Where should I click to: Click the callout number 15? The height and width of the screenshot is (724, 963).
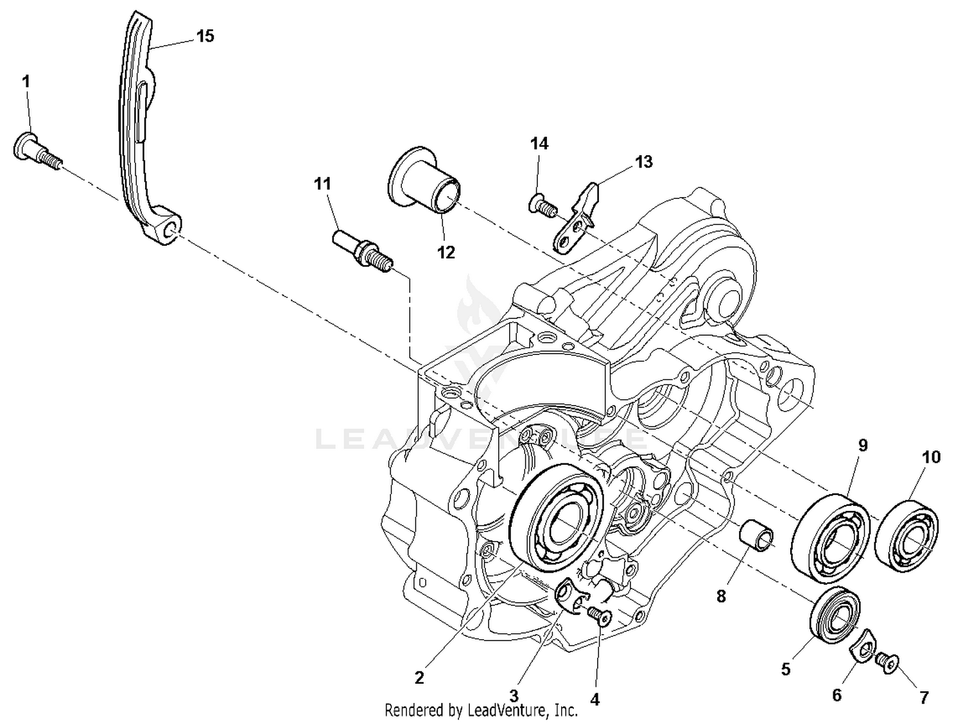tap(205, 36)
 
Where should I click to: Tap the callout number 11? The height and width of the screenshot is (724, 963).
tap(322, 184)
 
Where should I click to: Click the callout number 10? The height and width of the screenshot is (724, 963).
tap(931, 457)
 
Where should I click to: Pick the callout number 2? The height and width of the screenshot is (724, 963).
tap(419, 677)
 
